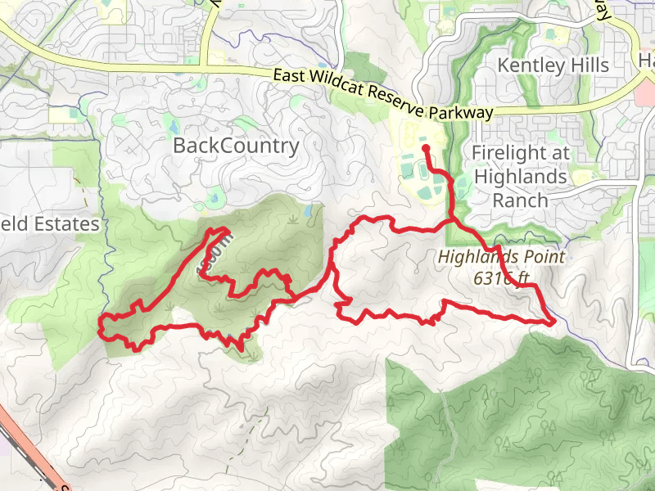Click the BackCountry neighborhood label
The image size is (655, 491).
coord(236,146)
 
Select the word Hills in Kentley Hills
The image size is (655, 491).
coord(586,65)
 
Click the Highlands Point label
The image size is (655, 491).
coord(501,256)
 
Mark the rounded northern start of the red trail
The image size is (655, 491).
coord(426,148)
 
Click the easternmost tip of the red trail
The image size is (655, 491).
coord(554,322)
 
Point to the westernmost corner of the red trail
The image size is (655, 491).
coord(101,325)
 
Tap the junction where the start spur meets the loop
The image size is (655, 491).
coord(453,221)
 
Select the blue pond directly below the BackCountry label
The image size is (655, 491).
coord(215,197)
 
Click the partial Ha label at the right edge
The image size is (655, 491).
coord(646,62)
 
